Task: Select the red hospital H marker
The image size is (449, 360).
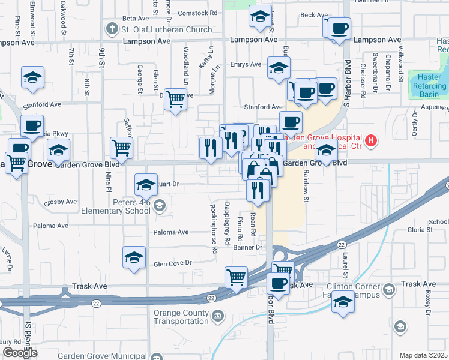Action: (372, 141)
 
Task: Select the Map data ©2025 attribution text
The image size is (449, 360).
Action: (423, 355)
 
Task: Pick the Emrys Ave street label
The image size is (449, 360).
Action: (246, 64)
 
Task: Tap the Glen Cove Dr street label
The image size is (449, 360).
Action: (172, 263)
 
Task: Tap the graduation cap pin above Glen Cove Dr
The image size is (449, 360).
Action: (134, 257)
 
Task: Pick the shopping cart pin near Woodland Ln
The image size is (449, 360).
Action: (175, 98)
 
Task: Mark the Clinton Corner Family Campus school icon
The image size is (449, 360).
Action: (388, 290)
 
